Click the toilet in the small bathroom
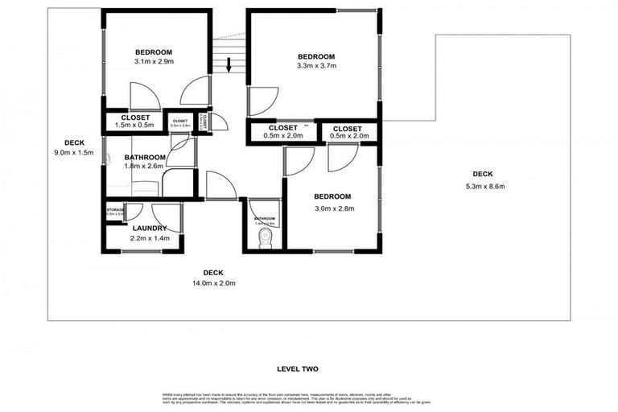pyautogui.click(x=264, y=238)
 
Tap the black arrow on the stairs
pyautogui.click(x=230, y=64)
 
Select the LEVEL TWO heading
pyautogui.click(x=298, y=369)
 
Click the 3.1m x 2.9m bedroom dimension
pyautogui.click(x=153, y=61)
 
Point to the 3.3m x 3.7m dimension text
pyautogui.click(x=315, y=67)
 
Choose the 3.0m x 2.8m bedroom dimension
pyautogui.click(x=332, y=208)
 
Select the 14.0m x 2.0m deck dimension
pyautogui.click(x=213, y=283)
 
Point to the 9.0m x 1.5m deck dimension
pyautogui.click(x=74, y=153)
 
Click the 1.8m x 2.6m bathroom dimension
pyautogui.click(x=145, y=167)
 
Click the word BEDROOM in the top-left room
pyautogui.click(x=153, y=50)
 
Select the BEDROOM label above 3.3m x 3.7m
pyautogui.click(x=315, y=56)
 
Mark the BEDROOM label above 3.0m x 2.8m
pyautogui.click(x=332, y=197)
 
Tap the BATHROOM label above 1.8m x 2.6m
pyautogui.click(x=145, y=157)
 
